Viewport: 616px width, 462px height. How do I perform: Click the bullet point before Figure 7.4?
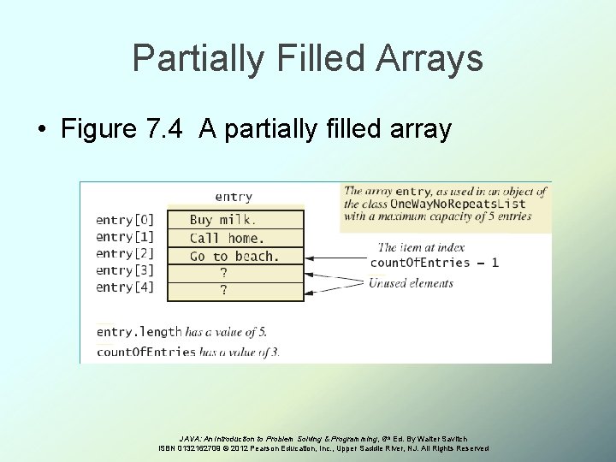(42, 130)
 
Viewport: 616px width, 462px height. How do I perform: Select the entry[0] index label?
(125, 219)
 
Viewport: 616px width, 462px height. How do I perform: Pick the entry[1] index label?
(125, 236)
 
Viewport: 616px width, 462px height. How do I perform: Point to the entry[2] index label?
(125, 253)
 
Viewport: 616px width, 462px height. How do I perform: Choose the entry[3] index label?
(125, 270)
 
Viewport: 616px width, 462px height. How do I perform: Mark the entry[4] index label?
(125, 287)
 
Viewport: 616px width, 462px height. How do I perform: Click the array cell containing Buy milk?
(234, 220)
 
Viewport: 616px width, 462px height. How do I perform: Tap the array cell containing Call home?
(234, 239)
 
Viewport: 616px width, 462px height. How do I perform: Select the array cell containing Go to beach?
(234, 256)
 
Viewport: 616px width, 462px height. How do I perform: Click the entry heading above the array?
(233, 198)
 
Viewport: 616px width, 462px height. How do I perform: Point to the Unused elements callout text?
(412, 283)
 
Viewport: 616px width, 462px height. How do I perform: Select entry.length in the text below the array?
(139, 332)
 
